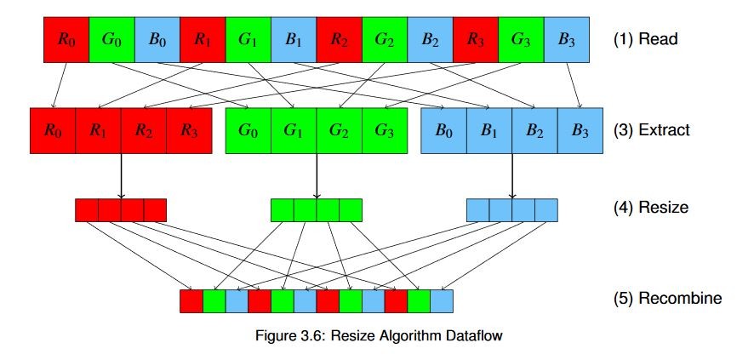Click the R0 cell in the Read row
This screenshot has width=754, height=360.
[x=66, y=39]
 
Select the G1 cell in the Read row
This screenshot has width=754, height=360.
[x=248, y=39]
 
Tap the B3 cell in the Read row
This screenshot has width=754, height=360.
[x=568, y=39]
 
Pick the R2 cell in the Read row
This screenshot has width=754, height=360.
[x=339, y=39]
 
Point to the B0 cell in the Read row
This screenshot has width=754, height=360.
[x=157, y=39]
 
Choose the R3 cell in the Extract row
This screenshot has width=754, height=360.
[x=189, y=130]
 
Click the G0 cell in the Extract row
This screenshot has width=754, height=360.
[x=248, y=130]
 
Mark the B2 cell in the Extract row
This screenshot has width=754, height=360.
[x=535, y=130]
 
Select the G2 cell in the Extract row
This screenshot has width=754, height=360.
[x=340, y=130]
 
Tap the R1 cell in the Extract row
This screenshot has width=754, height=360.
[x=98, y=130]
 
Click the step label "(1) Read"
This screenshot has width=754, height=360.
[x=646, y=39]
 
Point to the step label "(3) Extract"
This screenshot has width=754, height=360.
[x=651, y=131]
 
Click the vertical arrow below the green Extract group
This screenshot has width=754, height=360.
[x=317, y=175]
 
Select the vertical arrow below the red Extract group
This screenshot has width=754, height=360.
[x=121, y=175]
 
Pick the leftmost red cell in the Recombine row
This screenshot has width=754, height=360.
[x=191, y=300]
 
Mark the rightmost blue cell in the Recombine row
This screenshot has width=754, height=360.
[x=442, y=300]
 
